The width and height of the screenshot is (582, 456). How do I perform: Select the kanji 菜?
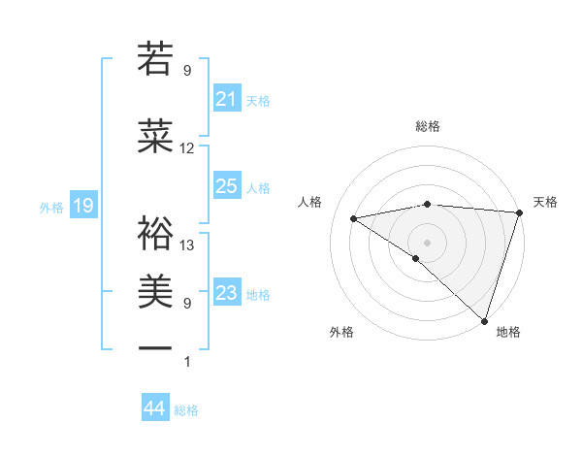[x=156, y=136]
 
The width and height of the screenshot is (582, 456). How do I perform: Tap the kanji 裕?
[x=156, y=232]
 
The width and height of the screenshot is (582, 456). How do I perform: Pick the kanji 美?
[x=156, y=289]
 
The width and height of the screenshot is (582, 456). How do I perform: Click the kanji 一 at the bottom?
[x=156, y=347]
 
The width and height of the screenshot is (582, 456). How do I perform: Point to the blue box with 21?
[x=226, y=99]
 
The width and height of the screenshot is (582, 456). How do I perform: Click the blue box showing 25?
[x=226, y=186]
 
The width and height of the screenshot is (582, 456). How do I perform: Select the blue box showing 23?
[x=226, y=293]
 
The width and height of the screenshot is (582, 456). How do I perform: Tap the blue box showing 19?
[x=82, y=206]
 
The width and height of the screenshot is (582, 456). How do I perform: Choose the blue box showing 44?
[x=154, y=408]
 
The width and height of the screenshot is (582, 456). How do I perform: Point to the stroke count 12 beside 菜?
[x=187, y=148]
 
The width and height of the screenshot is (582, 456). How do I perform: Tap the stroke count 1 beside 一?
[x=187, y=362]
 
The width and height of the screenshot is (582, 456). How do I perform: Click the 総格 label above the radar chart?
[x=427, y=126]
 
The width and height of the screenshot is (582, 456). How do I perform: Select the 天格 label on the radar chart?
[x=545, y=202]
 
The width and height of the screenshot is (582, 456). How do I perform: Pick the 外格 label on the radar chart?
[x=340, y=332]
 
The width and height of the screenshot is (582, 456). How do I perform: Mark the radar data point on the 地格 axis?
[x=484, y=320]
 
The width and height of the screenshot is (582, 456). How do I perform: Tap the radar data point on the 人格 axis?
[x=354, y=218]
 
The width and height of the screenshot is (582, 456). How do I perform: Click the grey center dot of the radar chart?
[x=427, y=242]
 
